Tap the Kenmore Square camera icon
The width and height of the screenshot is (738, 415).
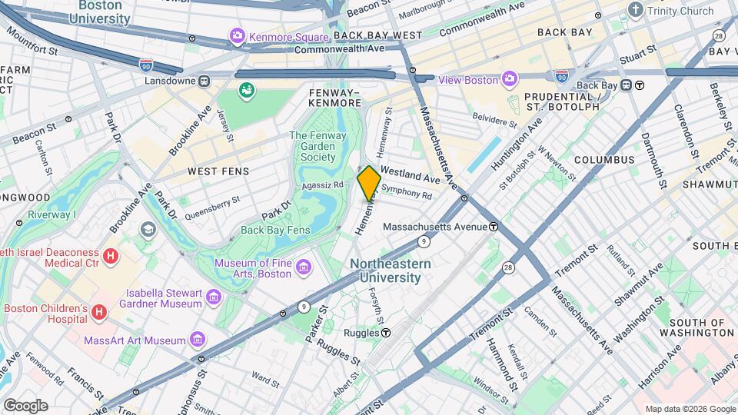coord(238,35)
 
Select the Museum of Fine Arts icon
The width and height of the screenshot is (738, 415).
coord(304,267)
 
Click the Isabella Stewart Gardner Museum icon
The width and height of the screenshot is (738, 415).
coord(214,297)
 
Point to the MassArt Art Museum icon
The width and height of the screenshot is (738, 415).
coord(198,340)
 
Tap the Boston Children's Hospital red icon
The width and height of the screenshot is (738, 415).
coord(98,312)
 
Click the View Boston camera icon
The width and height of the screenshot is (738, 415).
coord(509,79)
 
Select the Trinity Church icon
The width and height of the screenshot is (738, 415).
coord(635,10)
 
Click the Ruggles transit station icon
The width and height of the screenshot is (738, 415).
coord(386,333)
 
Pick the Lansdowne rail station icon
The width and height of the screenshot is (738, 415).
coord(204,80)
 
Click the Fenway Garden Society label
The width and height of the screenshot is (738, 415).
coord(313,146)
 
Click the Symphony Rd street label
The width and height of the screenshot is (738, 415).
coord(407,192)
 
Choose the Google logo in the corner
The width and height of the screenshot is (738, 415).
coord(25,405)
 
